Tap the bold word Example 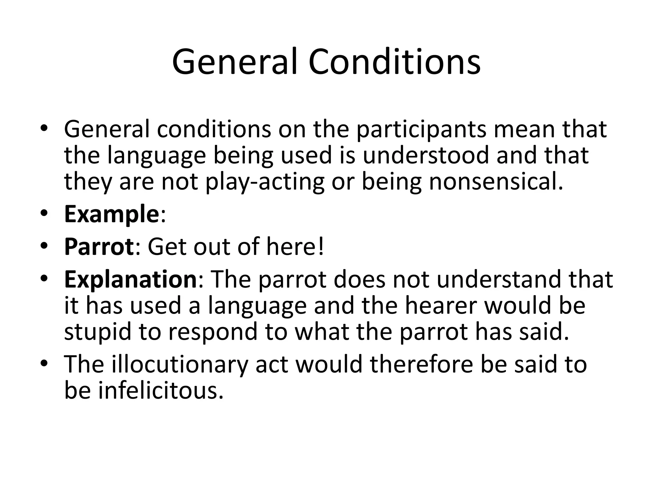[x=110, y=214]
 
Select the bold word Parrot [x=99, y=247]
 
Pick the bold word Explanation [x=130, y=279]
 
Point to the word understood [x=426, y=155]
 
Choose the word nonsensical [x=496, y=182]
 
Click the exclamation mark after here [x=320, y=247]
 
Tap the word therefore [x=422, y=364]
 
